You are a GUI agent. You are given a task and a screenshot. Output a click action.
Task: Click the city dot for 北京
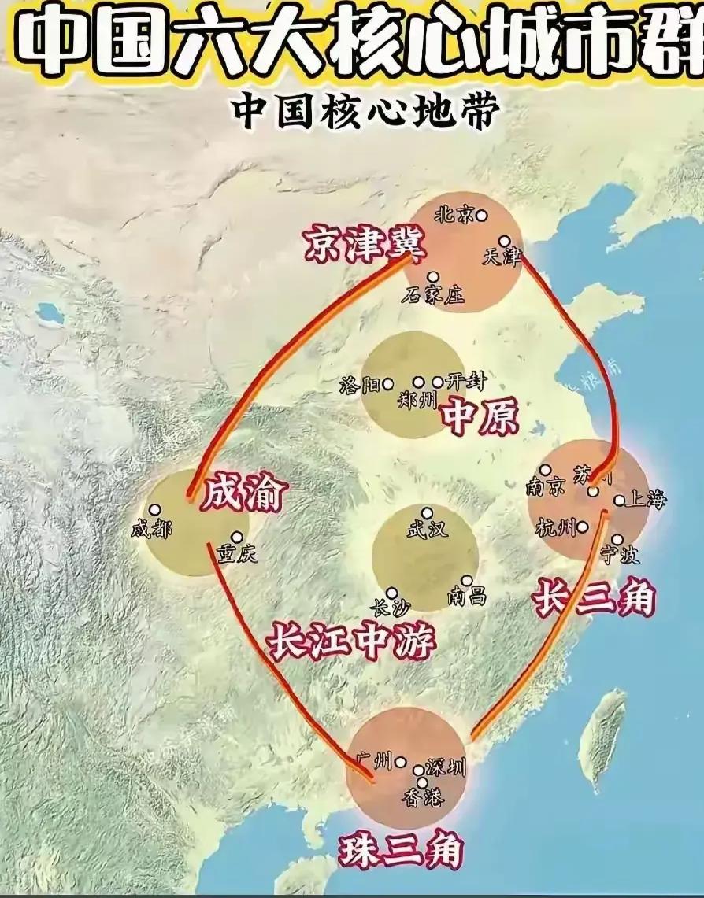click(x=481, y=215)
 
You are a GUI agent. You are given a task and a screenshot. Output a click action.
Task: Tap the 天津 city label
click(x=502, y=257)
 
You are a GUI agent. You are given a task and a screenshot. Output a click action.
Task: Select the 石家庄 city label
click(x=432, y=295)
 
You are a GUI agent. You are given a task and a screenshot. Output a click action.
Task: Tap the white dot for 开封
click(x=438, y=382)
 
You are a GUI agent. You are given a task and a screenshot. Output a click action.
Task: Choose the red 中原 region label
click(x=480, y=416)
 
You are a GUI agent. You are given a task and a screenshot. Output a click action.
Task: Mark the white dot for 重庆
click(x=236, y=538)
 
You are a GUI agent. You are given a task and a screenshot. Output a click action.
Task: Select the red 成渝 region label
click(x=244, y=494)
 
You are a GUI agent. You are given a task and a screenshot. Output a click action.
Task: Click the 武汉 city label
click(x=427, y=530)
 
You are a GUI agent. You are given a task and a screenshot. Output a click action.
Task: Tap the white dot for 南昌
click(x=467, y=581)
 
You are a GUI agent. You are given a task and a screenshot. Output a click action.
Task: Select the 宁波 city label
click(x=619, y=556)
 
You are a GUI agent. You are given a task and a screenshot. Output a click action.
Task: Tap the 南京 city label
click(x=546, y=487)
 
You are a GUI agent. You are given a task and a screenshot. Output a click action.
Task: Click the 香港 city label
click(x=423, y=799)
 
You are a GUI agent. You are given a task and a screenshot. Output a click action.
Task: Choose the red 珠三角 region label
click(x=402, y=851)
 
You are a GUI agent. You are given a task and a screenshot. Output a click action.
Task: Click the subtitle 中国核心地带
click(x=365, y=113)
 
